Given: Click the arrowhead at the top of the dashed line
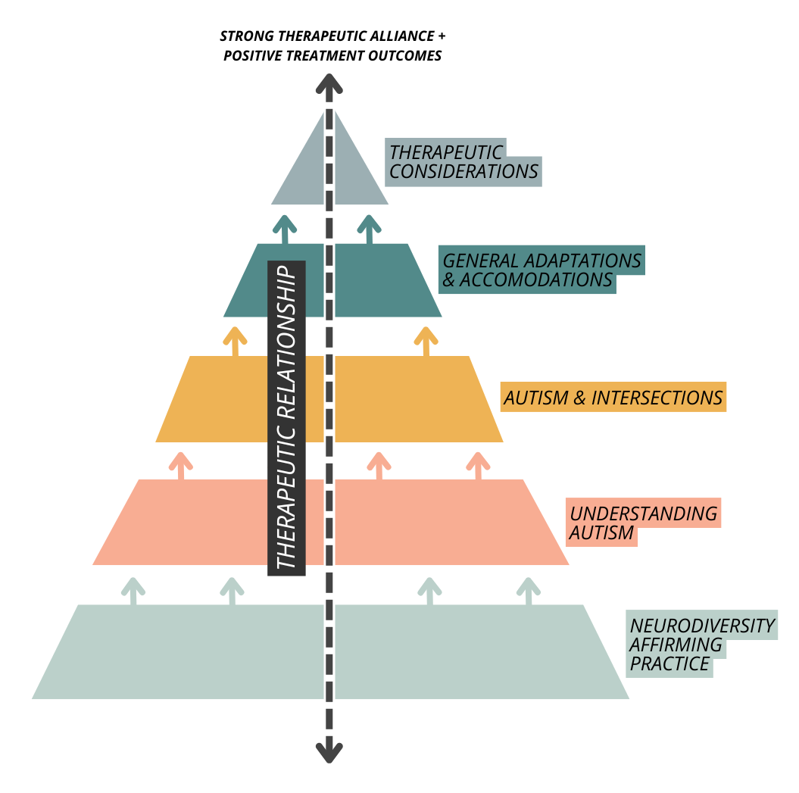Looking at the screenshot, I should pos(329,84).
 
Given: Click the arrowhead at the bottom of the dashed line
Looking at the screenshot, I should pos(329,751).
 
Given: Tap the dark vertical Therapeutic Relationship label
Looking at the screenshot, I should pos(286,417).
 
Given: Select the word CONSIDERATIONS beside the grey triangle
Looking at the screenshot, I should pos(463,170).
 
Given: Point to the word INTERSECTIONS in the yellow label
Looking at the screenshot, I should pos(657,398).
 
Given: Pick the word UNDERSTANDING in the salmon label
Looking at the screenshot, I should pos(643,513).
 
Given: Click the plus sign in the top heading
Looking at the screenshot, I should pos(441,36).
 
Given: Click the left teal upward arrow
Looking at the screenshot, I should pos(285,228).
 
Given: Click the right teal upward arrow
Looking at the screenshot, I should pos(369,228).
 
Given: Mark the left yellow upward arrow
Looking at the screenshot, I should pos(236,341).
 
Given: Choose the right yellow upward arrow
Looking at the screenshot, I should pos(426,341).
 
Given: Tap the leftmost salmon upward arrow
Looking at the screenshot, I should pos(180,464).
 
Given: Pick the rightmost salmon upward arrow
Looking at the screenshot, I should pos(477,464).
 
